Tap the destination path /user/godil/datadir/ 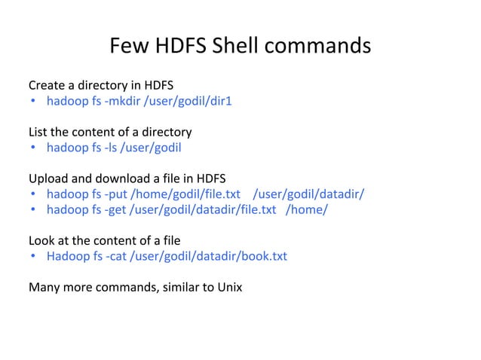click(310, 194)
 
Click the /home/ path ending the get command click(306, 209)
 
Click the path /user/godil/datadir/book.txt click(209, 256)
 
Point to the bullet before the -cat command click(34, 257)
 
